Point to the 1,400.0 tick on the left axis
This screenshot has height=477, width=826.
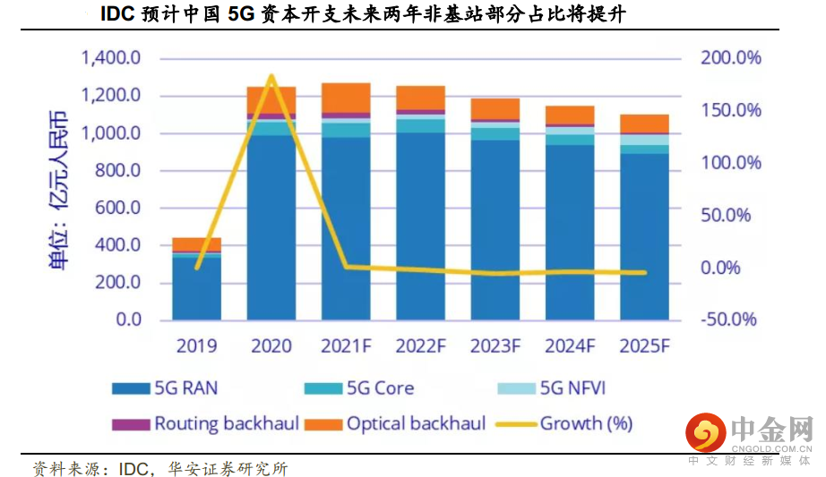[x=111, y=59]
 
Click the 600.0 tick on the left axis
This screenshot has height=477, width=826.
[x=118, y=208]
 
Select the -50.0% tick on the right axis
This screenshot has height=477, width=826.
[x=728, y=320]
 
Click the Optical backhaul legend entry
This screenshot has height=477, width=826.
[x=402, y=423]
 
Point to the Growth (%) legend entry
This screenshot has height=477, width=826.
[x=573, y=423]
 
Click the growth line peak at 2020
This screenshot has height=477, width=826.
[x=271, y=77]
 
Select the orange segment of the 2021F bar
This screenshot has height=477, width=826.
[x=346, y=97]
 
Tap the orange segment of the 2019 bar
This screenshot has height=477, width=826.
[x=196, y=244]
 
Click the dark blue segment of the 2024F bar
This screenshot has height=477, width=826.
[x=570, y=233]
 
